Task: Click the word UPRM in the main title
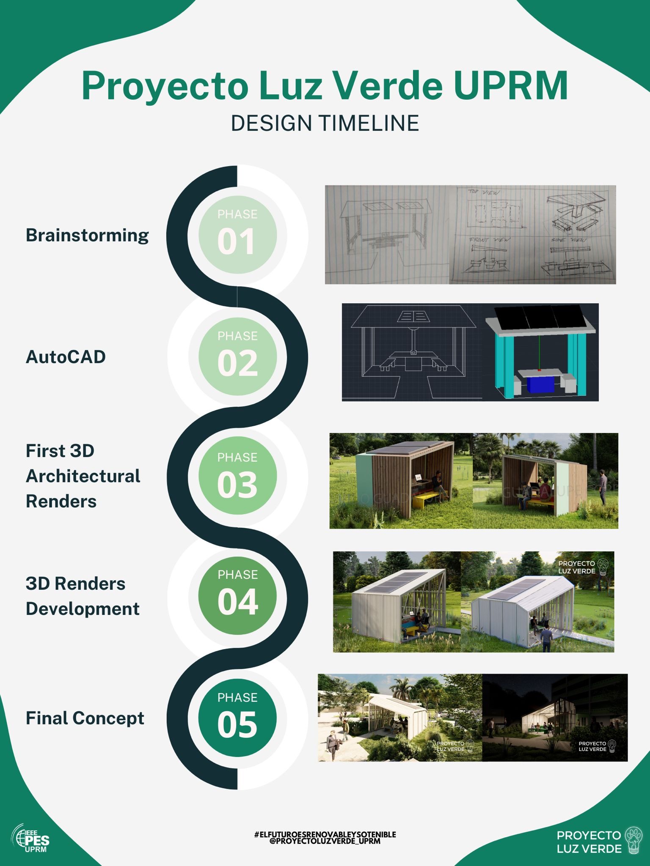[511, 86]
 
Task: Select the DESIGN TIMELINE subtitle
[325, 123]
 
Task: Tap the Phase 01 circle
[237, 235]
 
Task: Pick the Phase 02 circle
[237, 356]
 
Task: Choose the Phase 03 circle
[237, 476]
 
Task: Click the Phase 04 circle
[237, 595]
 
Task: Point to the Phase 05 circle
[237, 718]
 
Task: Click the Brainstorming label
[87, 236]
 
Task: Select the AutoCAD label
[66, 357]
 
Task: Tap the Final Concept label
[85, 718]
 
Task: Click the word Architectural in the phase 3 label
[83, 476]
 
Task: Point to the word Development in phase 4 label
[83, 609]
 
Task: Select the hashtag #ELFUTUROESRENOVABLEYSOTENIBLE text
[325, 834]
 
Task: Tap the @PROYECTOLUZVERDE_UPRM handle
[325, 841]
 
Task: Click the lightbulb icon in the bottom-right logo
[633, 841]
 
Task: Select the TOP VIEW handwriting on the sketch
[484, 192]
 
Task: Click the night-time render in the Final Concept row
[555, 718]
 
